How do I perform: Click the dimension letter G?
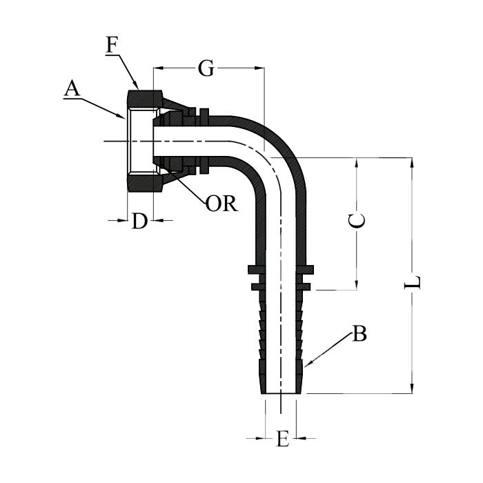pyautogui.click(x=205, y=68)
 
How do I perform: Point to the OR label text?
pyautogui.click(x=221, y=204)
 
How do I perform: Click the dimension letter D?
pyautogui.click(x=140, y=221)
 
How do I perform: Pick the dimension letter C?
pyautogui.click(x=357, y=221)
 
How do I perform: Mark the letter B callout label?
pyautogui.click(x=359, y=335)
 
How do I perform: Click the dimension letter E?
pyautogui.click(x=282, y=440)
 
